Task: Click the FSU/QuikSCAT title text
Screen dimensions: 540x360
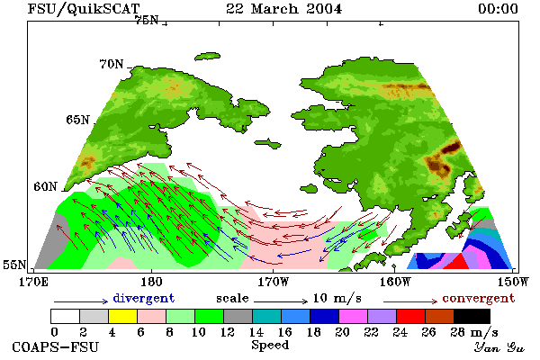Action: point(84,9)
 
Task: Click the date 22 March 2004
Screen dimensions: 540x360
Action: point(284,9)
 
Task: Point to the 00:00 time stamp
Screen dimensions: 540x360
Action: point(498,9)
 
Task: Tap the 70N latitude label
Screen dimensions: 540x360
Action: point(112,64)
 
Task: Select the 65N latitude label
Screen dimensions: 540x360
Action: point(77,120)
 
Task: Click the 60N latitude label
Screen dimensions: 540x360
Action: point(45,186)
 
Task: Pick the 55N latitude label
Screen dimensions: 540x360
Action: point(14,265)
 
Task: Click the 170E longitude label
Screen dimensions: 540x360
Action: point(34,282)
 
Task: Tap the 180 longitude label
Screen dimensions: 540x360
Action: point(151,282)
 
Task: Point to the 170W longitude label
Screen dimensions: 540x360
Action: point(274,282)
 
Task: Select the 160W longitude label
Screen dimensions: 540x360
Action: point(396,282)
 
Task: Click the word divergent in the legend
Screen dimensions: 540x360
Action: point(144,298)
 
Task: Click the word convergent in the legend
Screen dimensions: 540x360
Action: point(479,298)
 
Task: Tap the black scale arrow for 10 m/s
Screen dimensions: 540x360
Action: point(281,301)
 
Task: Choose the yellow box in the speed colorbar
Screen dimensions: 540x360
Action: point(122,316)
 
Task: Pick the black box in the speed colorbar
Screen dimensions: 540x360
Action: point(472,316)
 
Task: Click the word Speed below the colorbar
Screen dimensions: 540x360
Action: point(270,345)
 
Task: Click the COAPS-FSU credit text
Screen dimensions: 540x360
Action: point(56,346)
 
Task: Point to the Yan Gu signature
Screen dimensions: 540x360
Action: point(499,347)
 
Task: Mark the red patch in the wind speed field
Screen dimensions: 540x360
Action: point(456,262)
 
